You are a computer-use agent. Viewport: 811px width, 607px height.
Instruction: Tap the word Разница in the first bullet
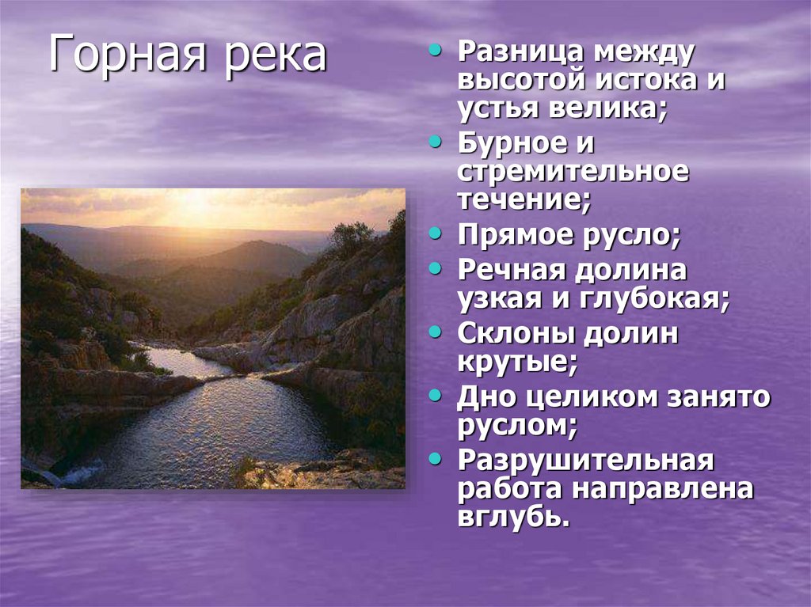click(516, 53)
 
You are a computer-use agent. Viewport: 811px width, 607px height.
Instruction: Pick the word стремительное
click(573, 172)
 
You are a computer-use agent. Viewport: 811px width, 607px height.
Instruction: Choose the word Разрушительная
click(585, 461)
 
